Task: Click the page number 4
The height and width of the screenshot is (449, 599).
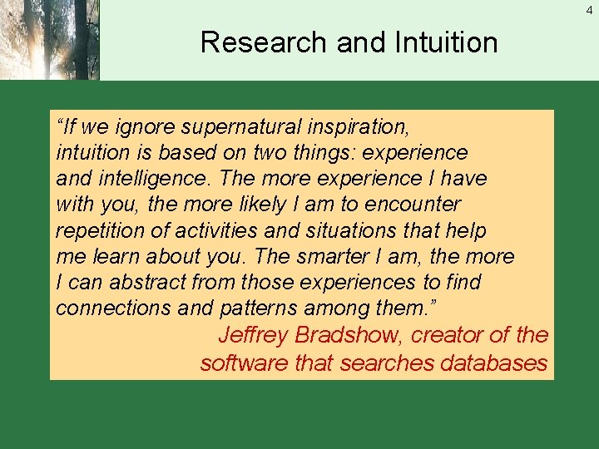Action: (x=591, y=9)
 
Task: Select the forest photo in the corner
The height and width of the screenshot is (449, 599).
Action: (x=49, y=40)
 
